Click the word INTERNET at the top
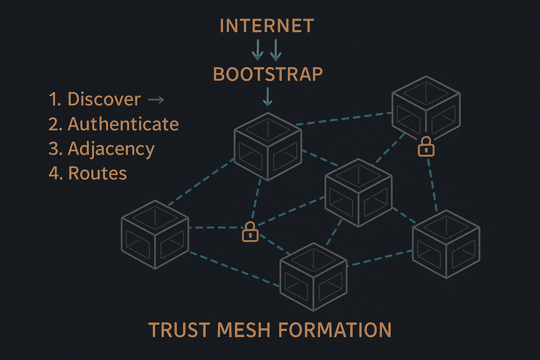point(267,26)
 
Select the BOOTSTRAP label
point(268,74)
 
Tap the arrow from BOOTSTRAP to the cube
point(268,97)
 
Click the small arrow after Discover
point(156,100)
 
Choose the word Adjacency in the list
point(111,149)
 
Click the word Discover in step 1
point(104,99)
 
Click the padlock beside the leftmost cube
point(250,232)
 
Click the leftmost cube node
point(155,234)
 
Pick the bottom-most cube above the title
point(313,277)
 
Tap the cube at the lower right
point(446,244)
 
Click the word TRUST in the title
point(179,330)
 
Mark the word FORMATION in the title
point(334,330)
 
